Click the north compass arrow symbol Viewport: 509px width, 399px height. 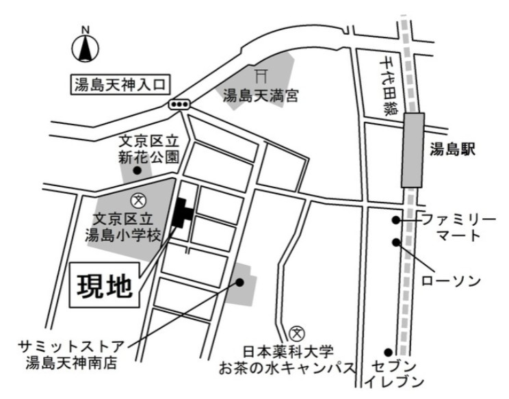coord(86,48)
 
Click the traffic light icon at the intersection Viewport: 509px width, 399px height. coord(180,104)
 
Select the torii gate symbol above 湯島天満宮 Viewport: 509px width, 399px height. coord(259,73)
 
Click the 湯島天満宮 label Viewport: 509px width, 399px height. coord(261,96)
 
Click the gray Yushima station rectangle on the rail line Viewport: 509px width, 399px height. coord(413,149)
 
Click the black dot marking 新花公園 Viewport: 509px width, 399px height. coord(137,170)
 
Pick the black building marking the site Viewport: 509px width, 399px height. coord(182,213)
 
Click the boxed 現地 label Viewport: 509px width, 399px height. coord(103,286)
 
